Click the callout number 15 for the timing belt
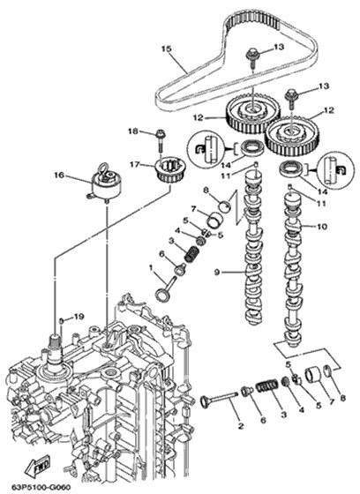pos(166,49)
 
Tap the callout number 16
pos(58,175)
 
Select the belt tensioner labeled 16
pos(106,183)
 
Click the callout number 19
pos(79,317)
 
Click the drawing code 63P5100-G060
pos(41,487)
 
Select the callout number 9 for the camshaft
pos(216,272)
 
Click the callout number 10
pos(322,227)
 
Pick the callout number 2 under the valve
pos(241,426)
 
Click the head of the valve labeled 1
pos(161,296)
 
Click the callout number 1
pos(151,267)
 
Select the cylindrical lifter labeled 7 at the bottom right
pos(312,374)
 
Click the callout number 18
pos(133,131)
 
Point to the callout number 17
pos(135,164)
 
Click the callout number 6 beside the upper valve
pos(162,254)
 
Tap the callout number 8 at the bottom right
pos(343,398)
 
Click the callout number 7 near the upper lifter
pos(193,208)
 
